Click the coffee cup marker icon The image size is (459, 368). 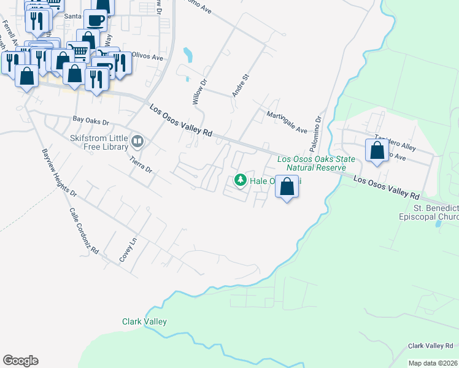point(95,20)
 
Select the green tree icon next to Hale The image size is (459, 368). point(241,180)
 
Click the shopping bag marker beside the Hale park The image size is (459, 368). point(287,185)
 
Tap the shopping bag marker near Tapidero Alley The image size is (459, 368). point(377,150)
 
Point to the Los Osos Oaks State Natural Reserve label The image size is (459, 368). point(316,163)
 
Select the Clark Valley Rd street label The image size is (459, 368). point(433,345)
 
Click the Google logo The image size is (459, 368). point(20,361)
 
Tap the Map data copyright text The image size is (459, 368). point(433,363)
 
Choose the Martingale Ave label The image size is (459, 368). point(286,121)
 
